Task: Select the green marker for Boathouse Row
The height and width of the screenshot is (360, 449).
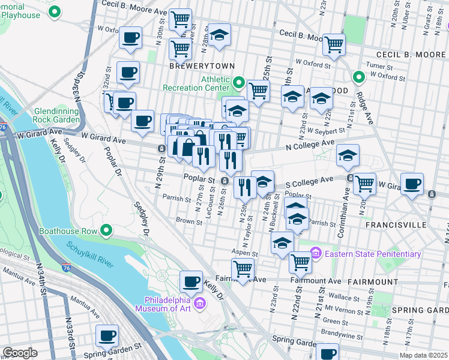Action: coord(106,230)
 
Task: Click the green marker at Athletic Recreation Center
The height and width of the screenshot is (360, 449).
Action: coord(238,82)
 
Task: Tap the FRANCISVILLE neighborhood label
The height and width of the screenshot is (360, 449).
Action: coord(393,224)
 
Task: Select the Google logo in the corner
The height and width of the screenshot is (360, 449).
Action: coord(20,353)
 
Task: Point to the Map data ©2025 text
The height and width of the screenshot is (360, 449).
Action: coord(423,355)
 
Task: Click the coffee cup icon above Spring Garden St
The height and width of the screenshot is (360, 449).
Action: coord(107,335)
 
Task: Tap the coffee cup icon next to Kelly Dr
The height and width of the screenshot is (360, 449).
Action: coord(191,281)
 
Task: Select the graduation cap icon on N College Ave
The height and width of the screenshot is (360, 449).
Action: coord(348,155)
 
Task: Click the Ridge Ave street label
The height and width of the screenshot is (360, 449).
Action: coord(364,108)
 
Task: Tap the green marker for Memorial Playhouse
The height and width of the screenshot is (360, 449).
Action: coord(55,11)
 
